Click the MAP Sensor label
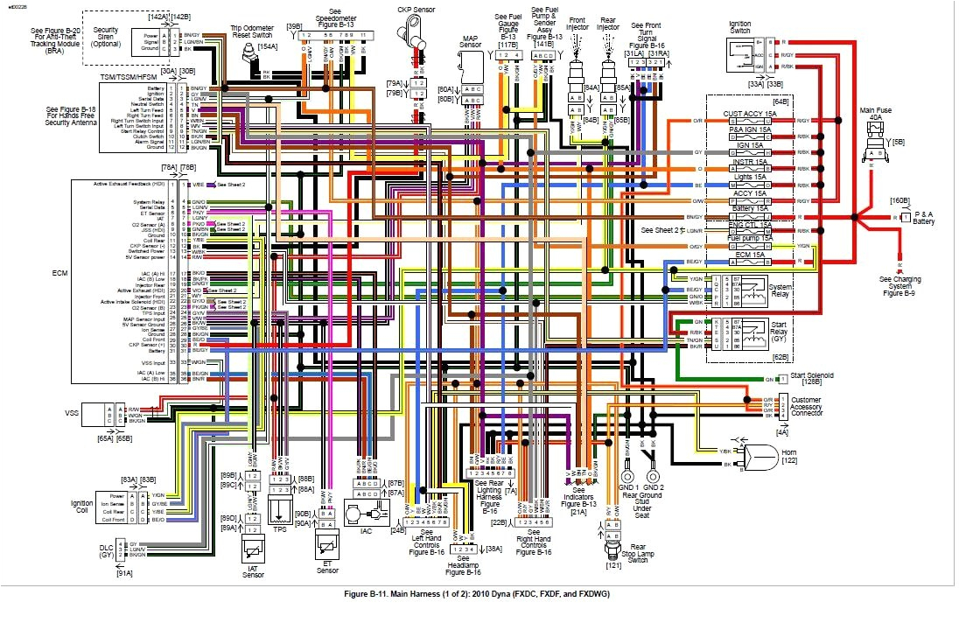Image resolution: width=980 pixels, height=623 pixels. point(472,45)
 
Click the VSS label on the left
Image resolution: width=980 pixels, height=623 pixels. point(71,412)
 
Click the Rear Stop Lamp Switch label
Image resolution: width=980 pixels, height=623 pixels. point(613,554)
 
